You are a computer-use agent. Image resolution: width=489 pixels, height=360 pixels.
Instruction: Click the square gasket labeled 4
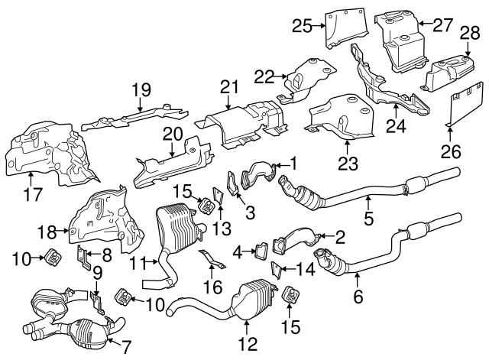[259, 250]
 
